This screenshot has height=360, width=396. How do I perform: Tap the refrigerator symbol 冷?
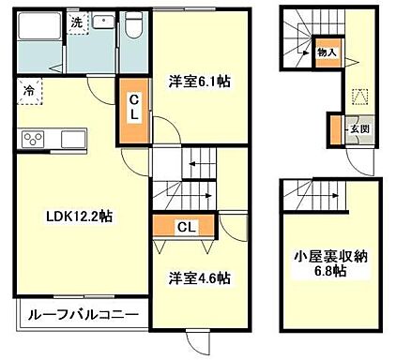(x=29, y=93)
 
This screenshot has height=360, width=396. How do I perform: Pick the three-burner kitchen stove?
(x=33, y=140)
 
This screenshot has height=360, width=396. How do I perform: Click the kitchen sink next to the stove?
(x=71, y=140)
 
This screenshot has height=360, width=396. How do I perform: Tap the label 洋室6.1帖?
(x=198, y=82)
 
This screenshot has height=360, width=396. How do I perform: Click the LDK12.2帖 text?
(x=80, y=216)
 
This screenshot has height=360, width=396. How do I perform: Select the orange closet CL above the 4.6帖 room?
(x=185, y=226)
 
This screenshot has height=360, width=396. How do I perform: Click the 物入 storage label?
(x=327, y=54)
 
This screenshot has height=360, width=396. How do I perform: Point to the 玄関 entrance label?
(x=358, y=128)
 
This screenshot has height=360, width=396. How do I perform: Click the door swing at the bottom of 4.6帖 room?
(x=200, y=339)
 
